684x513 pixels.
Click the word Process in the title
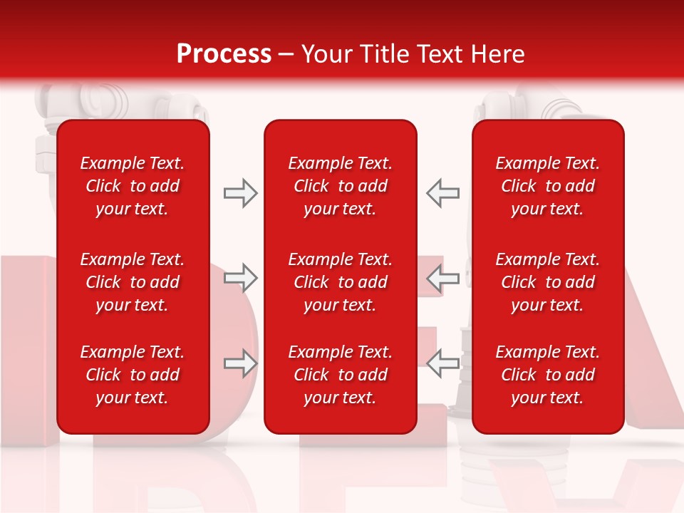[x=224, y=54]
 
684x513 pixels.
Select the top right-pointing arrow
[x=240, y=193]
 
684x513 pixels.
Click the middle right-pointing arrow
[x=240, y=279]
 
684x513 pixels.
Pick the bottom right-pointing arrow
[x=240, y=363]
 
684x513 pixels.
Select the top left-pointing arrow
[x=443, y=193]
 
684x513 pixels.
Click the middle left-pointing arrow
[x=443, y=279]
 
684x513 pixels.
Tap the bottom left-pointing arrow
[x=443, y=363]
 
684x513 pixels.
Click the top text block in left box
[x=133, y=186]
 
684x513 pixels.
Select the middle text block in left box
[x=133, y=282]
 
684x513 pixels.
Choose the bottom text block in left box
[x=133, y=375]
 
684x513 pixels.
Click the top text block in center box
[x=340, y=186]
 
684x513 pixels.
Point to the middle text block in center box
[x=340, y=282]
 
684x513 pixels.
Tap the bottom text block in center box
[x=340, y=375]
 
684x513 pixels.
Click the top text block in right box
[x=547, y=186]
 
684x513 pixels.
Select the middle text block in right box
[x=547, y=282]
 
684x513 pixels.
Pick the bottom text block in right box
[x=547, y=375]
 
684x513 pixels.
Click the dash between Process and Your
[x=286, y=55]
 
